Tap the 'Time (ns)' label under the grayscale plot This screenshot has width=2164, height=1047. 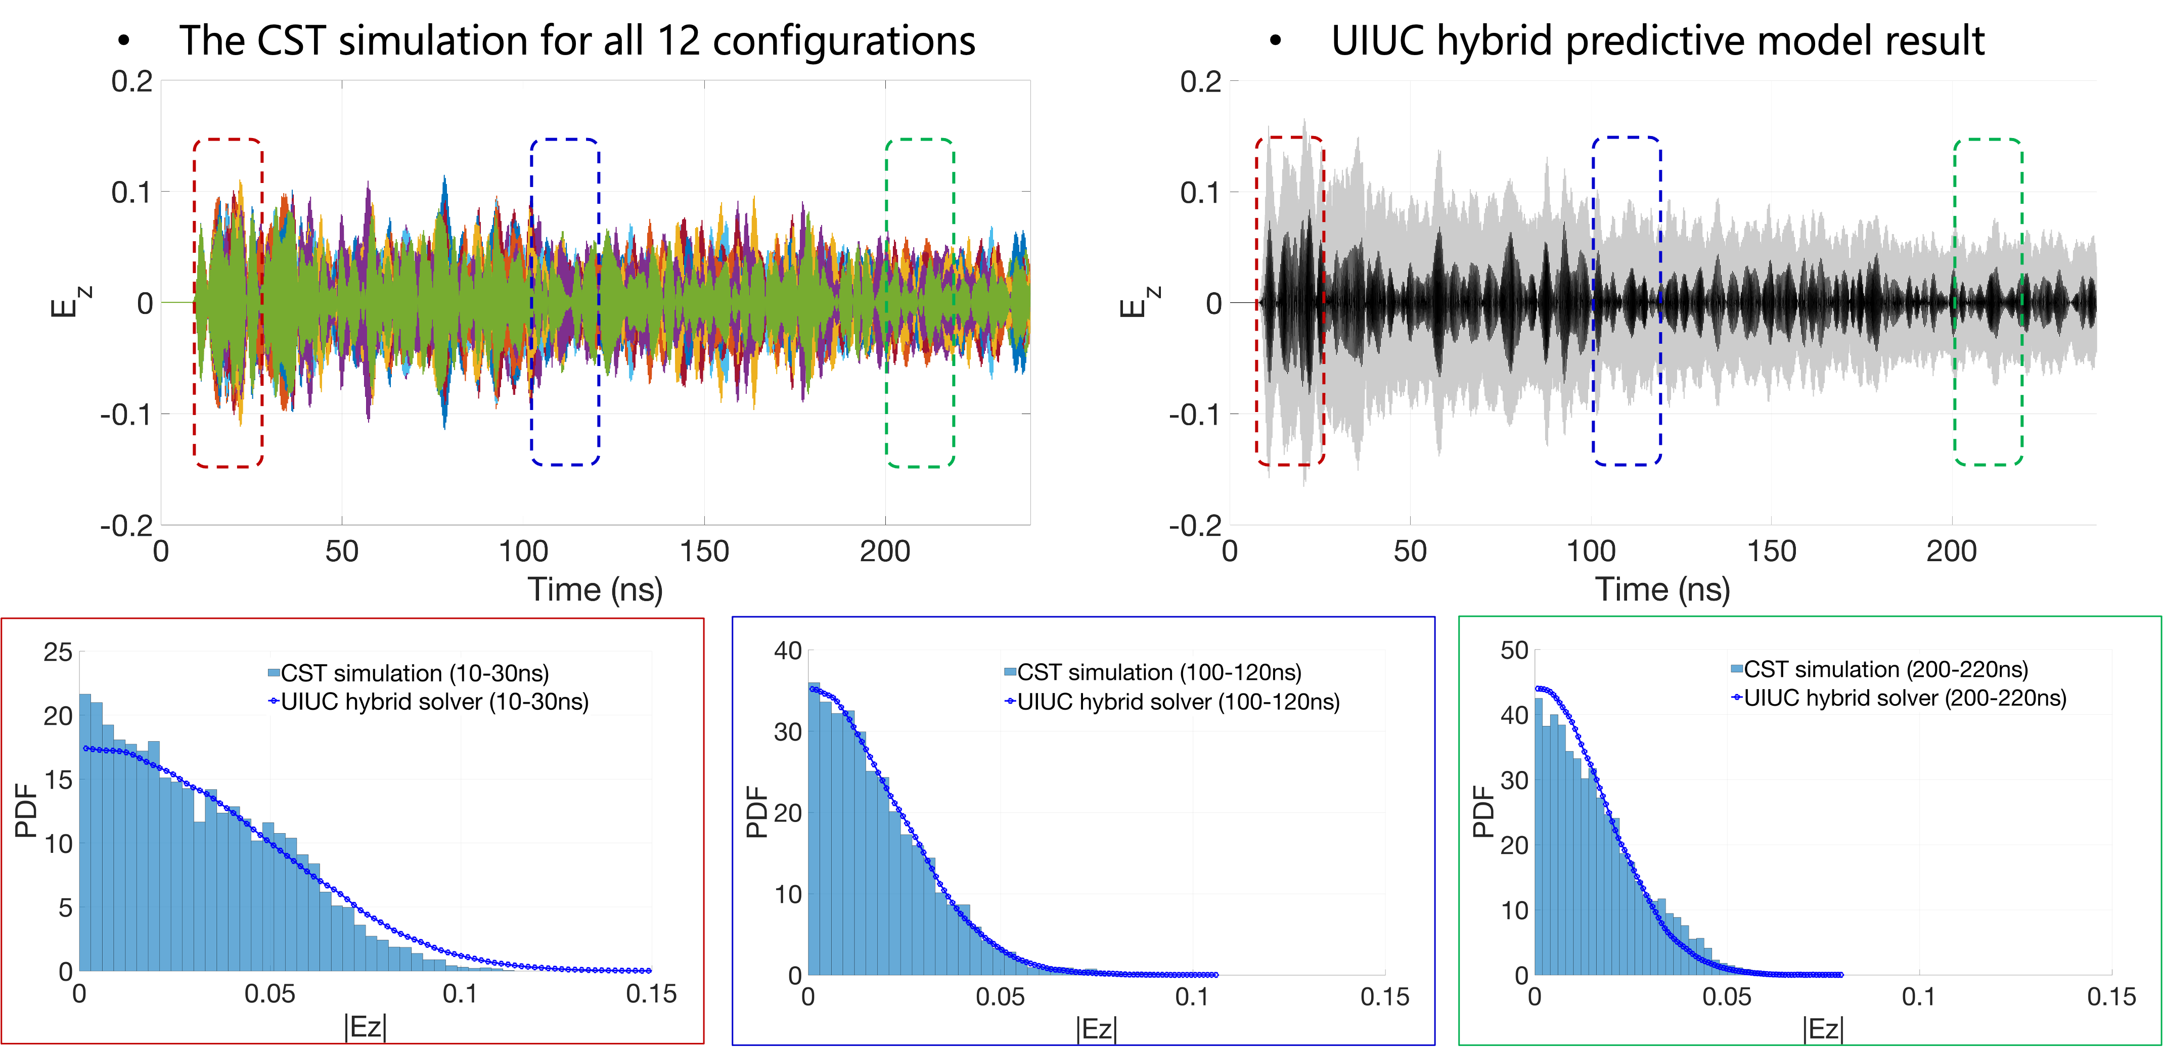1662,589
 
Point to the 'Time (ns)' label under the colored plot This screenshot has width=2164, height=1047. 595,589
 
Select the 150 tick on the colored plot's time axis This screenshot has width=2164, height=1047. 704,551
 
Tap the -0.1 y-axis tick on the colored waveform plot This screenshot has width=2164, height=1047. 126,414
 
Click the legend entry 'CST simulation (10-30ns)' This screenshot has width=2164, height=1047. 414,673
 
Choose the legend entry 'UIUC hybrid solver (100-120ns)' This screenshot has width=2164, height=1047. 1178,702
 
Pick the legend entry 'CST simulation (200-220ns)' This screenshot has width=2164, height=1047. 1885,670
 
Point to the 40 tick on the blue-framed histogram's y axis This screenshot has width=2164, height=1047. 788,650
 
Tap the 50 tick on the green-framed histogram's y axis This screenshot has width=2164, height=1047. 1514,650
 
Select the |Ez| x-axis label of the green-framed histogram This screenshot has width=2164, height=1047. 1823,1028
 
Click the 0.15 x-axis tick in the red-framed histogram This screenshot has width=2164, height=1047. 651,994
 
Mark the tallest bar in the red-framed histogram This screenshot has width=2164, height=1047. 85,832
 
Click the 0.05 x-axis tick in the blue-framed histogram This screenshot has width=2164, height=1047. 1000,997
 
